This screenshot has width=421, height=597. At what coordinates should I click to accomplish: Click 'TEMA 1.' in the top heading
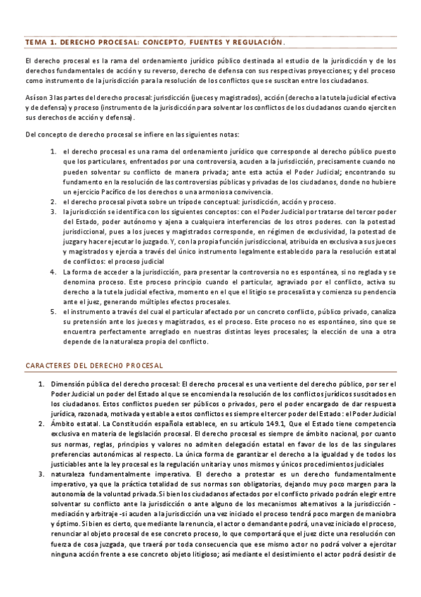[x=39, y=42]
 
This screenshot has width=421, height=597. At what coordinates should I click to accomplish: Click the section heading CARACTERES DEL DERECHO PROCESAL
[x=93, y=365]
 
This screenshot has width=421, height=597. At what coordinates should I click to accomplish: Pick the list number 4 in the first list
[x=53, y=271]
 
